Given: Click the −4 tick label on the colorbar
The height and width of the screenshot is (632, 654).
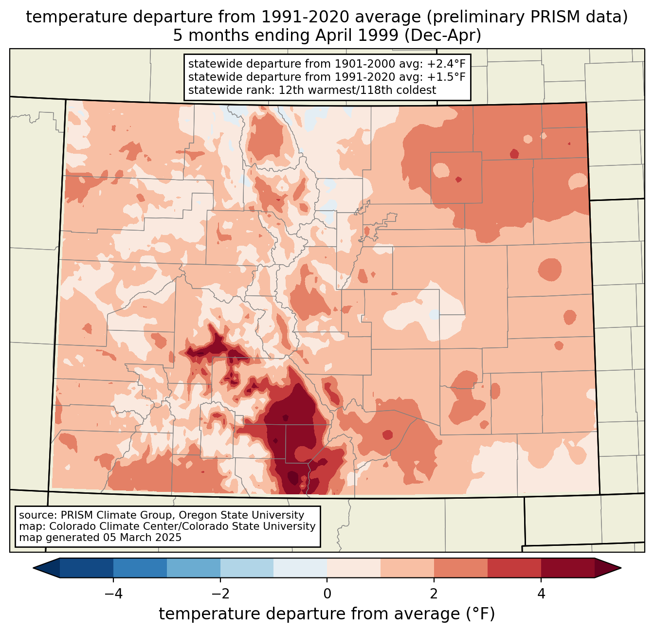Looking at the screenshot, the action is tap(113, 594).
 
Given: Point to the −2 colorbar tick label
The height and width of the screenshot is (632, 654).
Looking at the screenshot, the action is tap(220, 594).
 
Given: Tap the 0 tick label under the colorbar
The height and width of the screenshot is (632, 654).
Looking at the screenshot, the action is tap(327, 594).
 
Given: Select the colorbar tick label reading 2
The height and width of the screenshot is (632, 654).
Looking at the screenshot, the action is tap(434, 594).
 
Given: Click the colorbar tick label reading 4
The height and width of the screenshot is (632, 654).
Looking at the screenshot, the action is tap(541, 594).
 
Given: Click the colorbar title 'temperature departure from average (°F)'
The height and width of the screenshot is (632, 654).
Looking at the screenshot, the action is tap(327, 614).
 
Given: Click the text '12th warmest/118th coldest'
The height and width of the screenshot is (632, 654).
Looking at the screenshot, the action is tap(357, 90).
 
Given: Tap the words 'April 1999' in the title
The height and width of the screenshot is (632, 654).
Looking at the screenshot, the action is tap(357, 36).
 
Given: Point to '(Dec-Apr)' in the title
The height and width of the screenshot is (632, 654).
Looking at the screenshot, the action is tap(443, 36).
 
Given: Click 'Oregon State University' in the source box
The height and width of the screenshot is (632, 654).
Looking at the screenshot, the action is tap(241, 515).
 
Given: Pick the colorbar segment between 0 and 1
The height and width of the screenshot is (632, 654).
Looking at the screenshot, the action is tap(354, 568).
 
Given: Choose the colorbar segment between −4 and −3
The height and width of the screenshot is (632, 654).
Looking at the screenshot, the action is tap(140, 568).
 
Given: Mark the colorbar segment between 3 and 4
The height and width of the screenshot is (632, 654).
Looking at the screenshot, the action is tap(514, 568).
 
